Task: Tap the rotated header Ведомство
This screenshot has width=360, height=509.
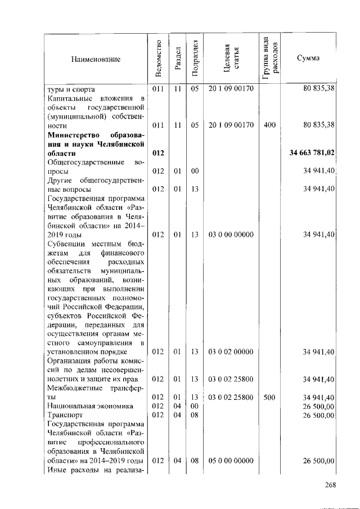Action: point(159,58)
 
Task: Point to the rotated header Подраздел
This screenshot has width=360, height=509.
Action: point(195,58)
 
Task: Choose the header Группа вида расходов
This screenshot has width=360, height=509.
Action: point(269,58)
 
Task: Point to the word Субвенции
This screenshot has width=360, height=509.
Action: point(66,244)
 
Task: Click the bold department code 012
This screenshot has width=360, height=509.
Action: point(159,152)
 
